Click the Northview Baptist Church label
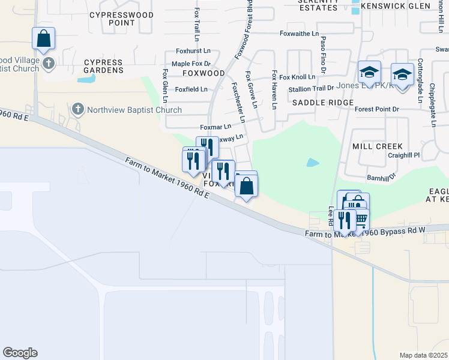click(134, 110)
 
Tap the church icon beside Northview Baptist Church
click(77, 109)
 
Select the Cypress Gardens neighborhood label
click(103, 66)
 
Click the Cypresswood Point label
click(112, 19)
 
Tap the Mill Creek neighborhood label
click(377, 146)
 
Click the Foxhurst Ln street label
click(193, 52)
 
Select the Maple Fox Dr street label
click(191, 64)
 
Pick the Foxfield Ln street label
click(191, 89)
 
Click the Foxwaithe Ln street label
click(299, 34)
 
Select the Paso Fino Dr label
click(323, 52)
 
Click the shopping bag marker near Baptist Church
click(44, 40)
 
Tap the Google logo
click(20, 353)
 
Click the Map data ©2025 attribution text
click(423, 355)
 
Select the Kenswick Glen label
click(392, 7)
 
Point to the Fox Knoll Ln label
click(297, 77)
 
